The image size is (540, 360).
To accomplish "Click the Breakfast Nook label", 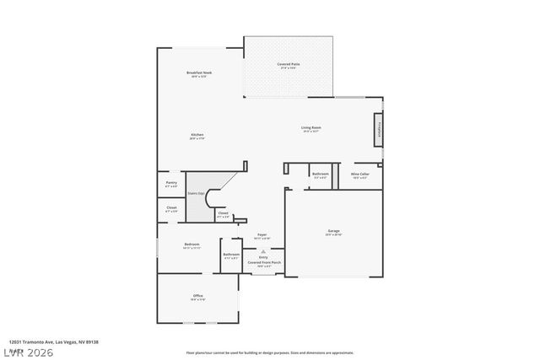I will coord(199,73).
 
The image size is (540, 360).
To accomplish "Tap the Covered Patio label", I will coord(289,65).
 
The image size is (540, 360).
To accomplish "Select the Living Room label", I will coord(311,127).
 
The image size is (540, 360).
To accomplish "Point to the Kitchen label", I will coord(197,135).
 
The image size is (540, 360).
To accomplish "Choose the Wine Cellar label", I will coord(360,174).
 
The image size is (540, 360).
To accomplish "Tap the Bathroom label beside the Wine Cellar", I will coord(321,174).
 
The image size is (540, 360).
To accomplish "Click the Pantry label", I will coord(171,182).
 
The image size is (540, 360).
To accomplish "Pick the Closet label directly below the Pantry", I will coord(171,207).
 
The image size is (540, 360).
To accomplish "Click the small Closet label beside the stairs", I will coord(223,213).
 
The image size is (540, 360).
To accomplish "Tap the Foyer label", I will coord(262,236).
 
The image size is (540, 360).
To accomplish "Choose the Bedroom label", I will coord(192,244).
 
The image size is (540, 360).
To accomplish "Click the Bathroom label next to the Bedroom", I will coord(231,254).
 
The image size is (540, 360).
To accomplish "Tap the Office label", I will coord(198,295).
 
